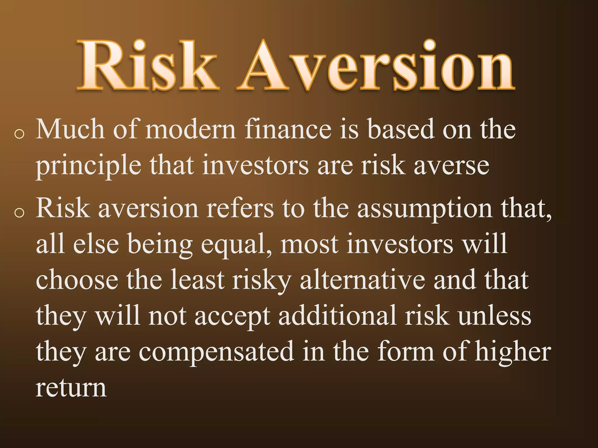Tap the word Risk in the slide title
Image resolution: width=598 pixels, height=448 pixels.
[147, 66]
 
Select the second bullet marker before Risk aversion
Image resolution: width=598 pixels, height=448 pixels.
[19, 213]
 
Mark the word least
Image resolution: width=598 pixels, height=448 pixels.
[197, 280]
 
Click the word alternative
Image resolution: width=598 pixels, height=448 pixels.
[362, 280]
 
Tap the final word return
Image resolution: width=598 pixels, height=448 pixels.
[71, 388]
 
